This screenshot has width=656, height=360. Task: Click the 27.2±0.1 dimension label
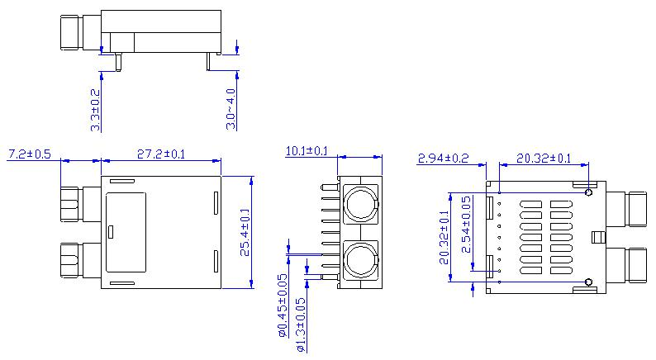click(161, 154)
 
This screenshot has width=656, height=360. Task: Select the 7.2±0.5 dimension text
click(30, 154)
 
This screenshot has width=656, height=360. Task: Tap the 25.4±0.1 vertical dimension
click(245, 233)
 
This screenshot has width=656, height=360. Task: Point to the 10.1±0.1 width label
click(307, 151)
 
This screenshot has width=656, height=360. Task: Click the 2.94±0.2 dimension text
click(443, 158)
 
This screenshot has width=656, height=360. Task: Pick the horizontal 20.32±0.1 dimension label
click(544, 158)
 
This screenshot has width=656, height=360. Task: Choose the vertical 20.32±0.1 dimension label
click(444, 238)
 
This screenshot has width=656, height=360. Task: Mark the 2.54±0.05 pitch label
click(466, 224)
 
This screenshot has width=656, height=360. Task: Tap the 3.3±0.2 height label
click(95, 110)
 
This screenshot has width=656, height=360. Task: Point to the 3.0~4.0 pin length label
click(231, 108)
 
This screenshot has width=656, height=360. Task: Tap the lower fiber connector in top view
click(71, 261)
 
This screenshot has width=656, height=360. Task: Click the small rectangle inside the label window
click(112, 232)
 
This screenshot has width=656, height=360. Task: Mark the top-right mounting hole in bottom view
click(588, 193)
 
